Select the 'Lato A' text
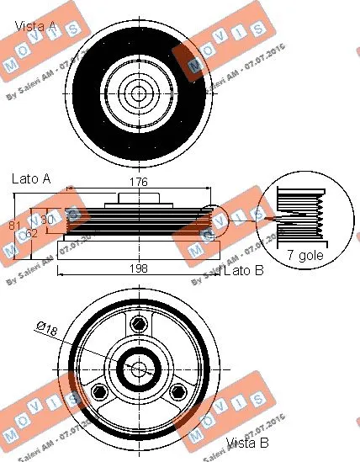click(x=31, y=178)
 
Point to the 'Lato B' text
click(x=245, y=270)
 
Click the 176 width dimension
click(x=138, y=182)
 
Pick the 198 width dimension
click(x=139, y=268)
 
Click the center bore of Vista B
click(x=137, y=369)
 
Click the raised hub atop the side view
click(x=137, y=199)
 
